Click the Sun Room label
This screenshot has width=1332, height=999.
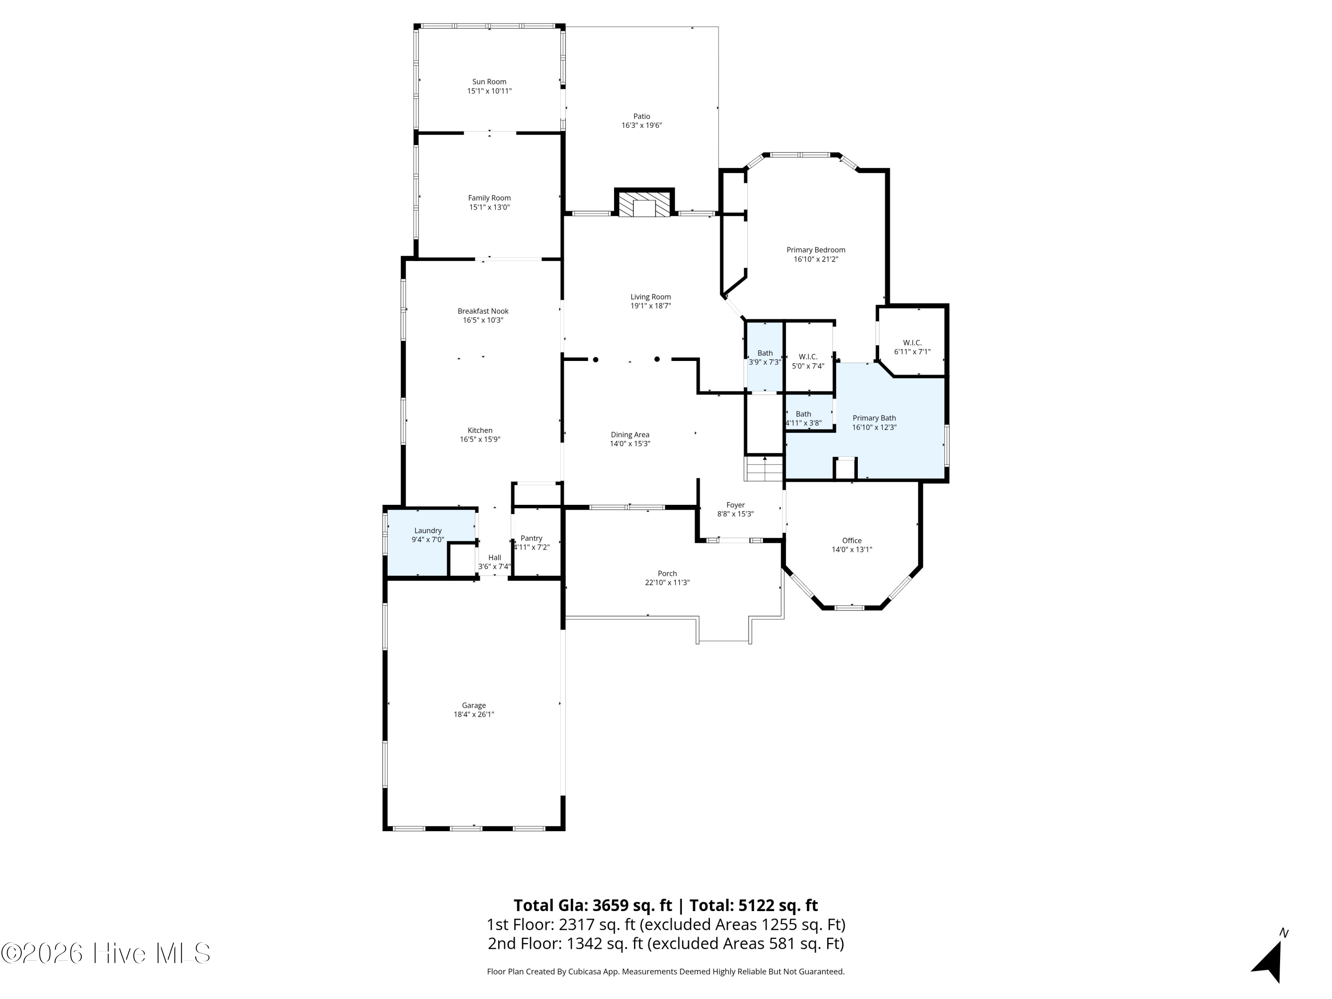tap(489, 82)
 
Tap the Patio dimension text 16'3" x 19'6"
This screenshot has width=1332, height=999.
tap(642, 126)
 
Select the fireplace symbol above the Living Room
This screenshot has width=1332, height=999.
tap(644, 202)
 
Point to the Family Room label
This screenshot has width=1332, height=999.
tap(489, 198)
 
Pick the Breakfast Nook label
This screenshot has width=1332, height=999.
tap(483, 311)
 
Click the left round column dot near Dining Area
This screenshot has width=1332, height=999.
tap(595, 360)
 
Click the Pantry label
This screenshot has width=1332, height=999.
tap(531, 538)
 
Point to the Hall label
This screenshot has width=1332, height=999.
tap(494, 558)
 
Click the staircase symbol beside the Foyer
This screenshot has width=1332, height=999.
tap(764, 468)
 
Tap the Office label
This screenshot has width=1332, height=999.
tap(852, 541)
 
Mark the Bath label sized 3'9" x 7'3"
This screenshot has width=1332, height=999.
tap(765, 353)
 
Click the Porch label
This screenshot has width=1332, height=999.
tap(667, 574)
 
